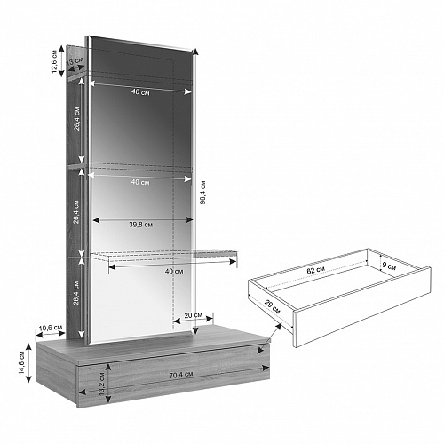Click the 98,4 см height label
click(x=202, y=193)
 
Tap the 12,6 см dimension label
click(x=54, y=61)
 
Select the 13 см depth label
click(x=75, y=61)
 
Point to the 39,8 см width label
click(x=141, y=225)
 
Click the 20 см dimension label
click(x=194, y=315)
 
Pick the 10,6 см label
click(x=51, y=328)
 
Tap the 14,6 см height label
click(x=22, y=362)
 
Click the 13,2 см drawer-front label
click(x=102, y=384)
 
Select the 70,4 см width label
click(x=181, y=375)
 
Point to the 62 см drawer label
click(x=316, y=270)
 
